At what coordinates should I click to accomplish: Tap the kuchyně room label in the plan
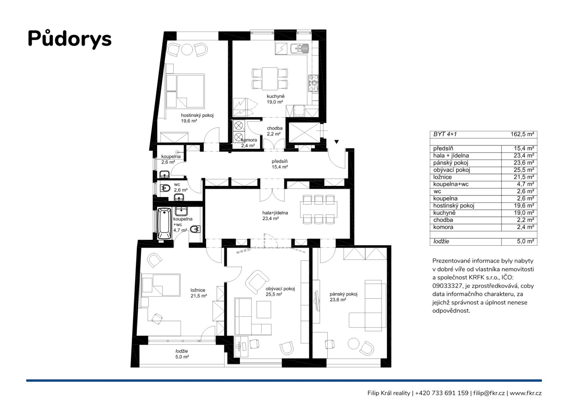coord(275,96)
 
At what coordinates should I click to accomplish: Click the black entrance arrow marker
coord(337,142)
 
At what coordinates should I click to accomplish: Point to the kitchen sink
coord(299,49)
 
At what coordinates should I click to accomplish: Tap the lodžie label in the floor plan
coord(182,351)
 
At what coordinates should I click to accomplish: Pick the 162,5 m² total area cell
coord(522,134)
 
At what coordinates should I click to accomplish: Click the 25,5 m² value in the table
coord(524,170)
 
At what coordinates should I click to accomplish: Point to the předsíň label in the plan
coord(279,161)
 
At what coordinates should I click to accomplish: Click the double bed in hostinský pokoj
coord(185,91)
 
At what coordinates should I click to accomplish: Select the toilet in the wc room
coord(165,188)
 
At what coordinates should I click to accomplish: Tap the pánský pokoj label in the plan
coord(343,294)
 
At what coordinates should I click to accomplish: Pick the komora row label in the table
coord(443,227)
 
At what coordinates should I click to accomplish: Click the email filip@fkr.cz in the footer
coord(489,393)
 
